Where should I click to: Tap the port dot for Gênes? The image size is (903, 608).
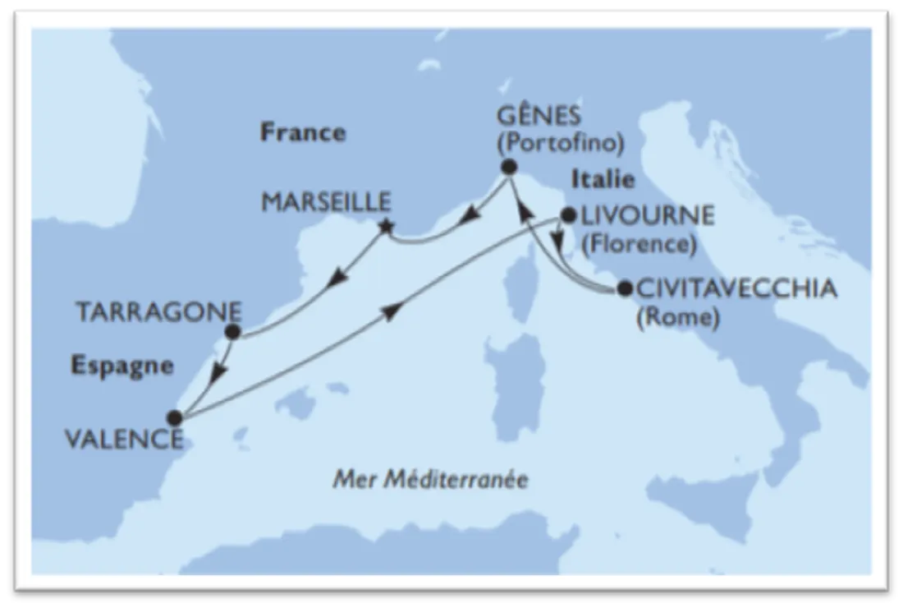coord(509,168)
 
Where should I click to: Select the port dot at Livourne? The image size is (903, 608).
coord(566,217)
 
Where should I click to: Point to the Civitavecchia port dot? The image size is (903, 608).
coord(624,288)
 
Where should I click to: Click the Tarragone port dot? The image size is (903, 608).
coord(232,332)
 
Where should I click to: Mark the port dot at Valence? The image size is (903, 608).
coord(174,417)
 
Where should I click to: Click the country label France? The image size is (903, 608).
coord(303,132)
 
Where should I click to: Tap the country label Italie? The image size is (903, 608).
coord(604,179)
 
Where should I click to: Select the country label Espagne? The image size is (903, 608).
coord(122,366)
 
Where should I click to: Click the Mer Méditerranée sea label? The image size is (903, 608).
coord(430,479)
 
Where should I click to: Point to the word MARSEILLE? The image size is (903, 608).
coord(325,201)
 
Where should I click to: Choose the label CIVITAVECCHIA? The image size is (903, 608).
coord(736,288)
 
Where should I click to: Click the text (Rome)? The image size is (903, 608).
coord(677,318)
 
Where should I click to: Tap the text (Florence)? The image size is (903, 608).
coord(638,244)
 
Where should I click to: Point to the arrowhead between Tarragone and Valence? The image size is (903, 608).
coord(217,375)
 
